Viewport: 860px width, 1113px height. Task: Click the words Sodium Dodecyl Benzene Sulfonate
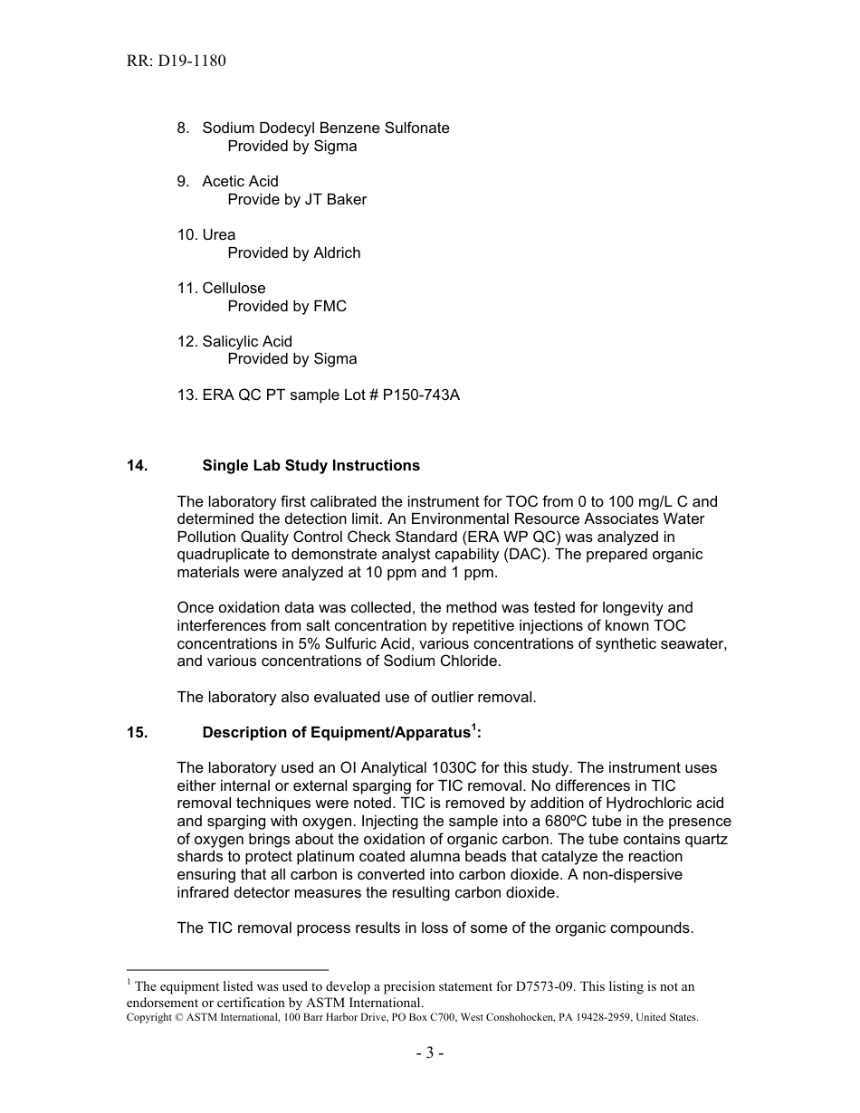click(325, 128)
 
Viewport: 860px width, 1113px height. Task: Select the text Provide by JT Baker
click(297, 199)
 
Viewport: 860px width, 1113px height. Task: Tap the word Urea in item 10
click(218, 234)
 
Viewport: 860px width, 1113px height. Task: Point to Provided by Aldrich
click(293, 252)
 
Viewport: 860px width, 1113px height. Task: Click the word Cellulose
click(234, 288)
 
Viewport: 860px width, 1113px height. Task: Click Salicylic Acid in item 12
click(246, 341)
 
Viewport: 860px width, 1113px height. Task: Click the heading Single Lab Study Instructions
click(311, 465)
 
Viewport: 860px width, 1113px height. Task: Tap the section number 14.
click(137, 465)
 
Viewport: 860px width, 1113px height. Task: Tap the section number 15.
click(137, 732)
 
